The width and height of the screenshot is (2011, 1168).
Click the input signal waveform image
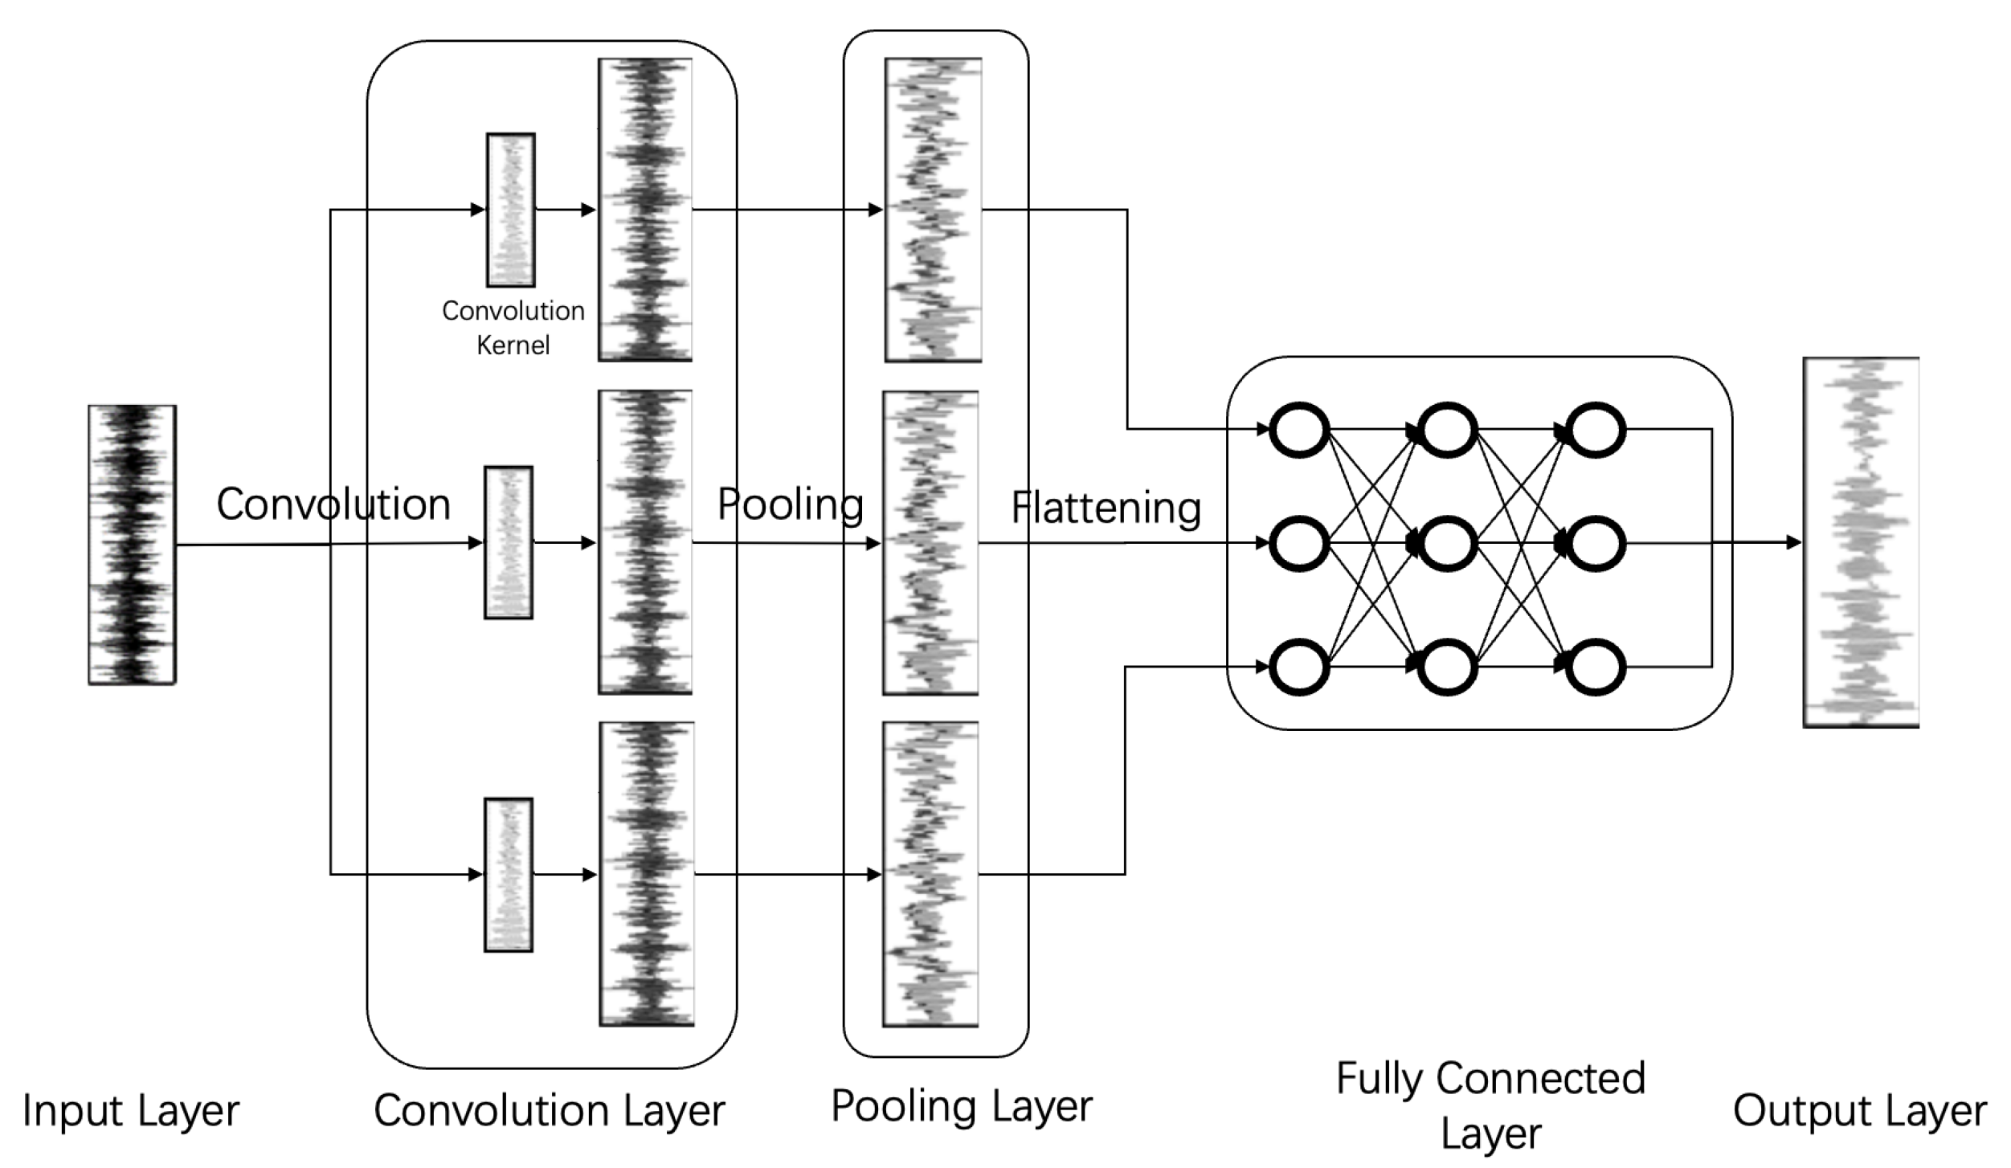(x=132, y=545)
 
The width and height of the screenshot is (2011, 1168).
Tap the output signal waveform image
(x=1861, y=542)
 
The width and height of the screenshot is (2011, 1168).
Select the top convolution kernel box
(x=510, y=210)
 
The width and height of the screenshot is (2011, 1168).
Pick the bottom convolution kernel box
(x=508, y=875)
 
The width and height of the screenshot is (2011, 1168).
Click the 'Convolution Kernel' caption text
(x=513, y=328)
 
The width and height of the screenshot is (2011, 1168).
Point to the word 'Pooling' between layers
(x=791, y=504)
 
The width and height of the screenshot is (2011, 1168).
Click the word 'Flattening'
(x=1106, y=508)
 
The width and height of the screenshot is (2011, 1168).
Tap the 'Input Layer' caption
(x=131, y=1111)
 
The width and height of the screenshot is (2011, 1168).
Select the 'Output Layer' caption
(x=1860, y=1111)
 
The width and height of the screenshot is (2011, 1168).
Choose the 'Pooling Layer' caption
(x=961, y=1106)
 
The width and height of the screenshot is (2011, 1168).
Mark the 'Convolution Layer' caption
(x=549, y=1111)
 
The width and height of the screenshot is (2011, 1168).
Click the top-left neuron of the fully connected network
(x=1298, y=430)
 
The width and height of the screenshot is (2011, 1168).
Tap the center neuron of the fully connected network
(x=1447, y=544)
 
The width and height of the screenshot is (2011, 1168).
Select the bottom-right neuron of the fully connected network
(x=1596, y=667)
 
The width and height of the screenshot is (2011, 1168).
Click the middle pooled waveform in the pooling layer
(x=930, y=543)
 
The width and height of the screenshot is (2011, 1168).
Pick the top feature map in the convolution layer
(x=645, y=210)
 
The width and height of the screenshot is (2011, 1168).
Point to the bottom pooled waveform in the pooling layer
(x=930, y=874)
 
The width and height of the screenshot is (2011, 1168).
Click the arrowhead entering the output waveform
(x=1793, y=542)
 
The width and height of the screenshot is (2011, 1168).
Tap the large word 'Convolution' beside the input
(x=333, y=504)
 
